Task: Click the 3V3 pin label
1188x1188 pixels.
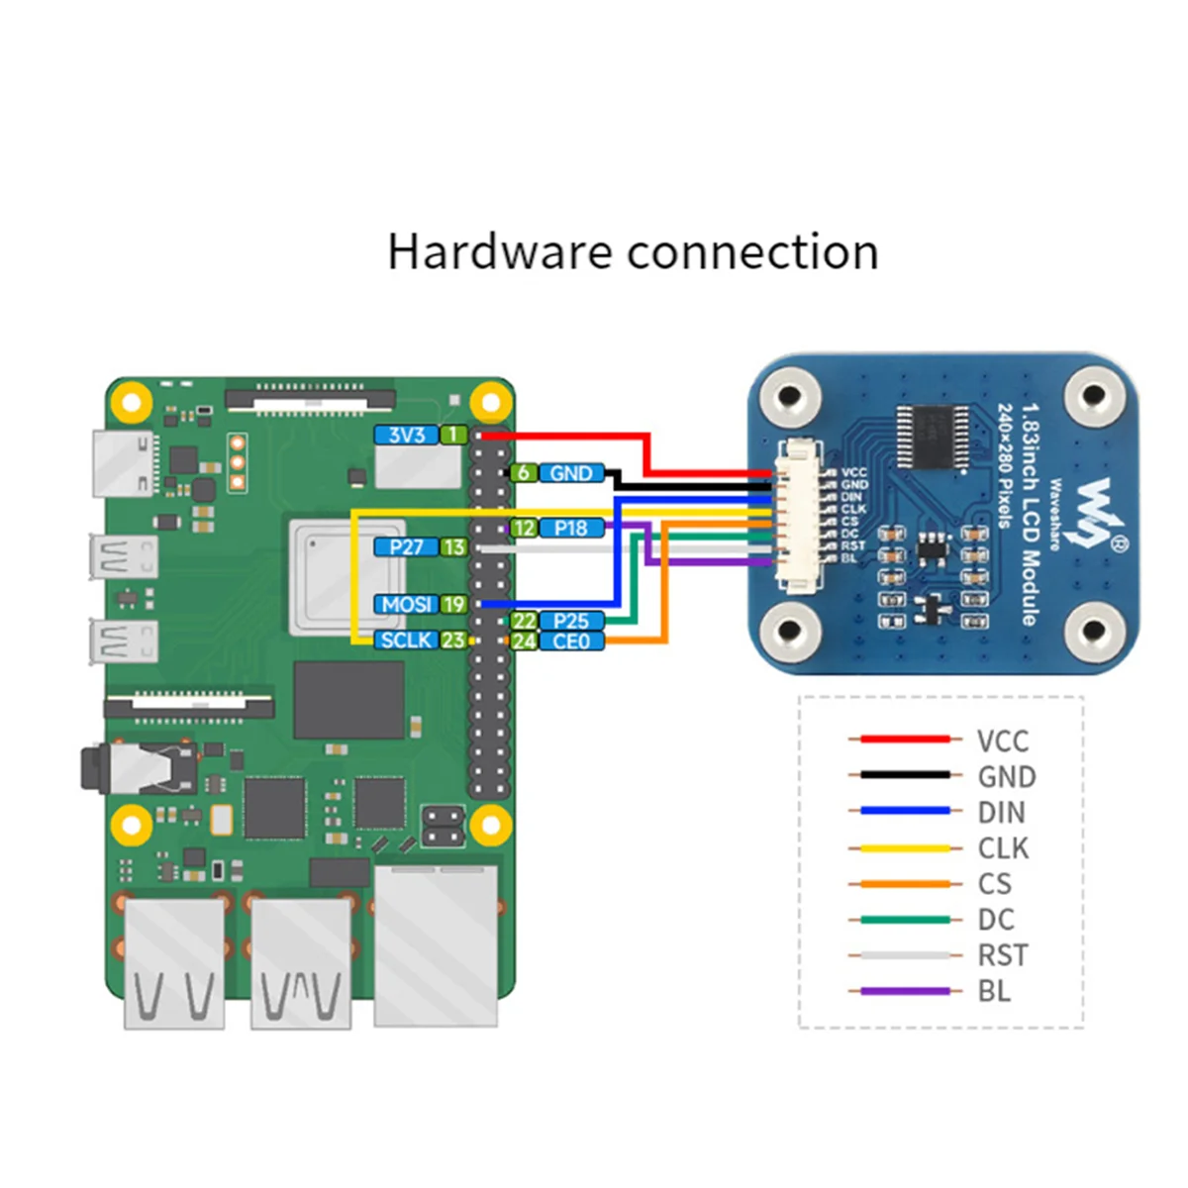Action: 406,435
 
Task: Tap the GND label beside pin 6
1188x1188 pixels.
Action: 571,473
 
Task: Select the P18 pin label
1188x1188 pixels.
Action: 571,528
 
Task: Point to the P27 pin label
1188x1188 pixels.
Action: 406,546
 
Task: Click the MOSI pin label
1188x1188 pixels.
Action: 406,604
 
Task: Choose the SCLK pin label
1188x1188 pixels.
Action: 406,641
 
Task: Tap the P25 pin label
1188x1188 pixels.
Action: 571,621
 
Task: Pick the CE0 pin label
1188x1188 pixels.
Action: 571,642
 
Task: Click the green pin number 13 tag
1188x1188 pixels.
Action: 453,546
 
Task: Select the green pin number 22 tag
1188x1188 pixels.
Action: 524,621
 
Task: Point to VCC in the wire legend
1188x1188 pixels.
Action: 1002,741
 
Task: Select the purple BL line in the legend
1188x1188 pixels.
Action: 905,991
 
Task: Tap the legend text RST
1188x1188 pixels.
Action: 1002,955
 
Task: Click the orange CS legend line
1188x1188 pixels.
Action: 905,884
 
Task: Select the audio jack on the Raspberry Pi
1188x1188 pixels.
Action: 139,768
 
